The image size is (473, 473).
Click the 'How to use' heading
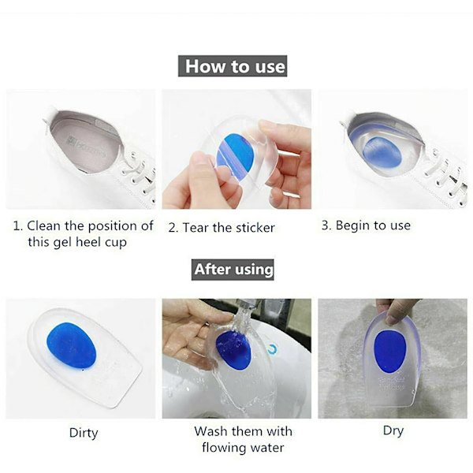point(233,66)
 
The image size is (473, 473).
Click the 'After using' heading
point(233,270)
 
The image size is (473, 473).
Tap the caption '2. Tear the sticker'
point(222,228)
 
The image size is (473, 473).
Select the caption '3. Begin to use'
point(366,225)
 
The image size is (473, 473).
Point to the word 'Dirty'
point(84,433)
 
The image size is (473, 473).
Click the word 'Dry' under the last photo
point(393,430)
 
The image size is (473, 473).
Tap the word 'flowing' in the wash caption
point(223,448)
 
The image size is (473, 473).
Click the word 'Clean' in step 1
point(43,225)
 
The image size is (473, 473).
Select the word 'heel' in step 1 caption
point(89,242)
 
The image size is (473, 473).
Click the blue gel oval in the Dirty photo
point(71,345)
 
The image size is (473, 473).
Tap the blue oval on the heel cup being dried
point(389,352)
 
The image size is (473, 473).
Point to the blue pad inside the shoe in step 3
point(382,152)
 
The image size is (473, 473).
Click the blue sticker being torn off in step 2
point(235,153)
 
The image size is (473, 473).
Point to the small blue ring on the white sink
point(273,348)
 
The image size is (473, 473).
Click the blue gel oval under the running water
point(233,350)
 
